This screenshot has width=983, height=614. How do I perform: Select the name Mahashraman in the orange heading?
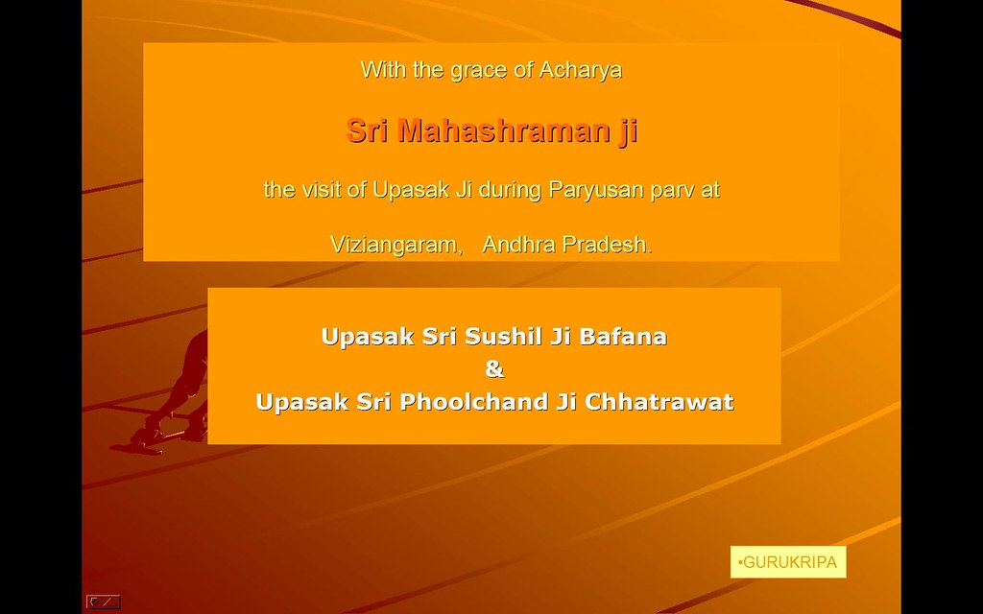pyautogui.click(x=500, y=130)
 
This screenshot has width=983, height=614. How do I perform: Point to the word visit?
pyautogui.click(x=324, y=189)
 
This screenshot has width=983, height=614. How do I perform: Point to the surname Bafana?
pyautogui.click(x=622, y=337)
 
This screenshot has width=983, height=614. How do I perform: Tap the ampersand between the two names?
pyautogui.click(x=494, y=369)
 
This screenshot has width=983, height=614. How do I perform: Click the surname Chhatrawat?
pyautogui.click(x=659, y=402)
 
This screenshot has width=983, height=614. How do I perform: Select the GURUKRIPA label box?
pyautogui.click(x=788, y=562)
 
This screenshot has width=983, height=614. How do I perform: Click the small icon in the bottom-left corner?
pyautogui.click(x=103, y=602)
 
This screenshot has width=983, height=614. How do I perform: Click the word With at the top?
pyautogui.click(x=384, y=69)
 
